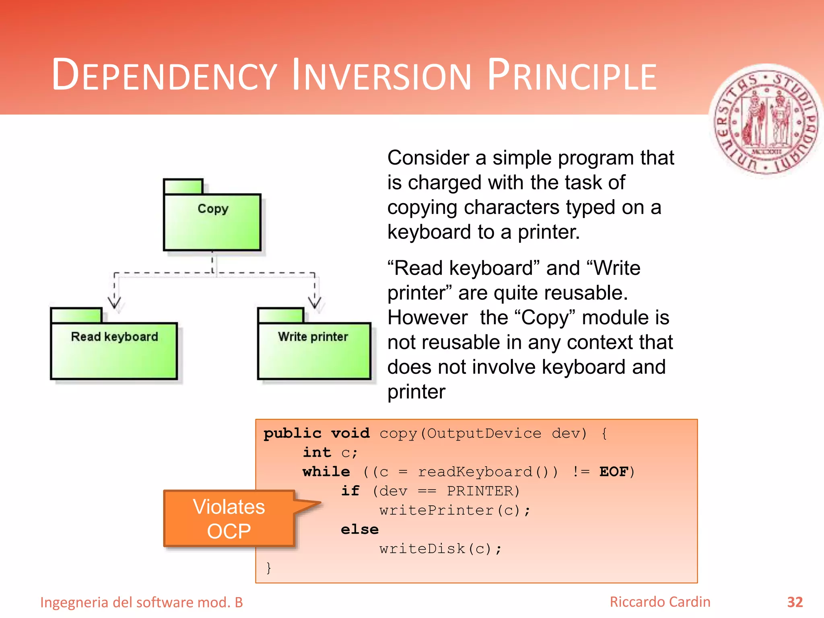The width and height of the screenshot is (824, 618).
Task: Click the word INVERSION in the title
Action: tap(381, 76)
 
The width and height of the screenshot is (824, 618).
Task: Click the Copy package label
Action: tap(213, 209)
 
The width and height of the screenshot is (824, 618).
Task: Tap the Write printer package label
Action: tap(313, 337)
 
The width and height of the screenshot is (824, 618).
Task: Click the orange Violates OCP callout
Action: tap(229, 519)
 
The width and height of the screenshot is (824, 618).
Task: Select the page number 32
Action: tap(795, 602)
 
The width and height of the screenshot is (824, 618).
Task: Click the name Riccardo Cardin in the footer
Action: tap(660, 602)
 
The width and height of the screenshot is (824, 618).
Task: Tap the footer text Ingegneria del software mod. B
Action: tap(142, 602)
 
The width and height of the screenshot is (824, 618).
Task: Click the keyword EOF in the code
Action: tap(614, 472)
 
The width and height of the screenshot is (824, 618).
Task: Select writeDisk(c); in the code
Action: tap(441, 549)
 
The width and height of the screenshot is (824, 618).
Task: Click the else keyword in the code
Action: tap(360, 529)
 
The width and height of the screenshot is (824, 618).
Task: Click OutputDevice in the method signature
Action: tap(484, 433)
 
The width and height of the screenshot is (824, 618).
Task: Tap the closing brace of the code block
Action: tap(269, 568)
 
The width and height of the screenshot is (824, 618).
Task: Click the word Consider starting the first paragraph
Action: tap(428, 158)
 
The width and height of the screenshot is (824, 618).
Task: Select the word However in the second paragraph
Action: tap(428, 318)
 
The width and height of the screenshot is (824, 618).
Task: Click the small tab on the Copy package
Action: tap(183, 186)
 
